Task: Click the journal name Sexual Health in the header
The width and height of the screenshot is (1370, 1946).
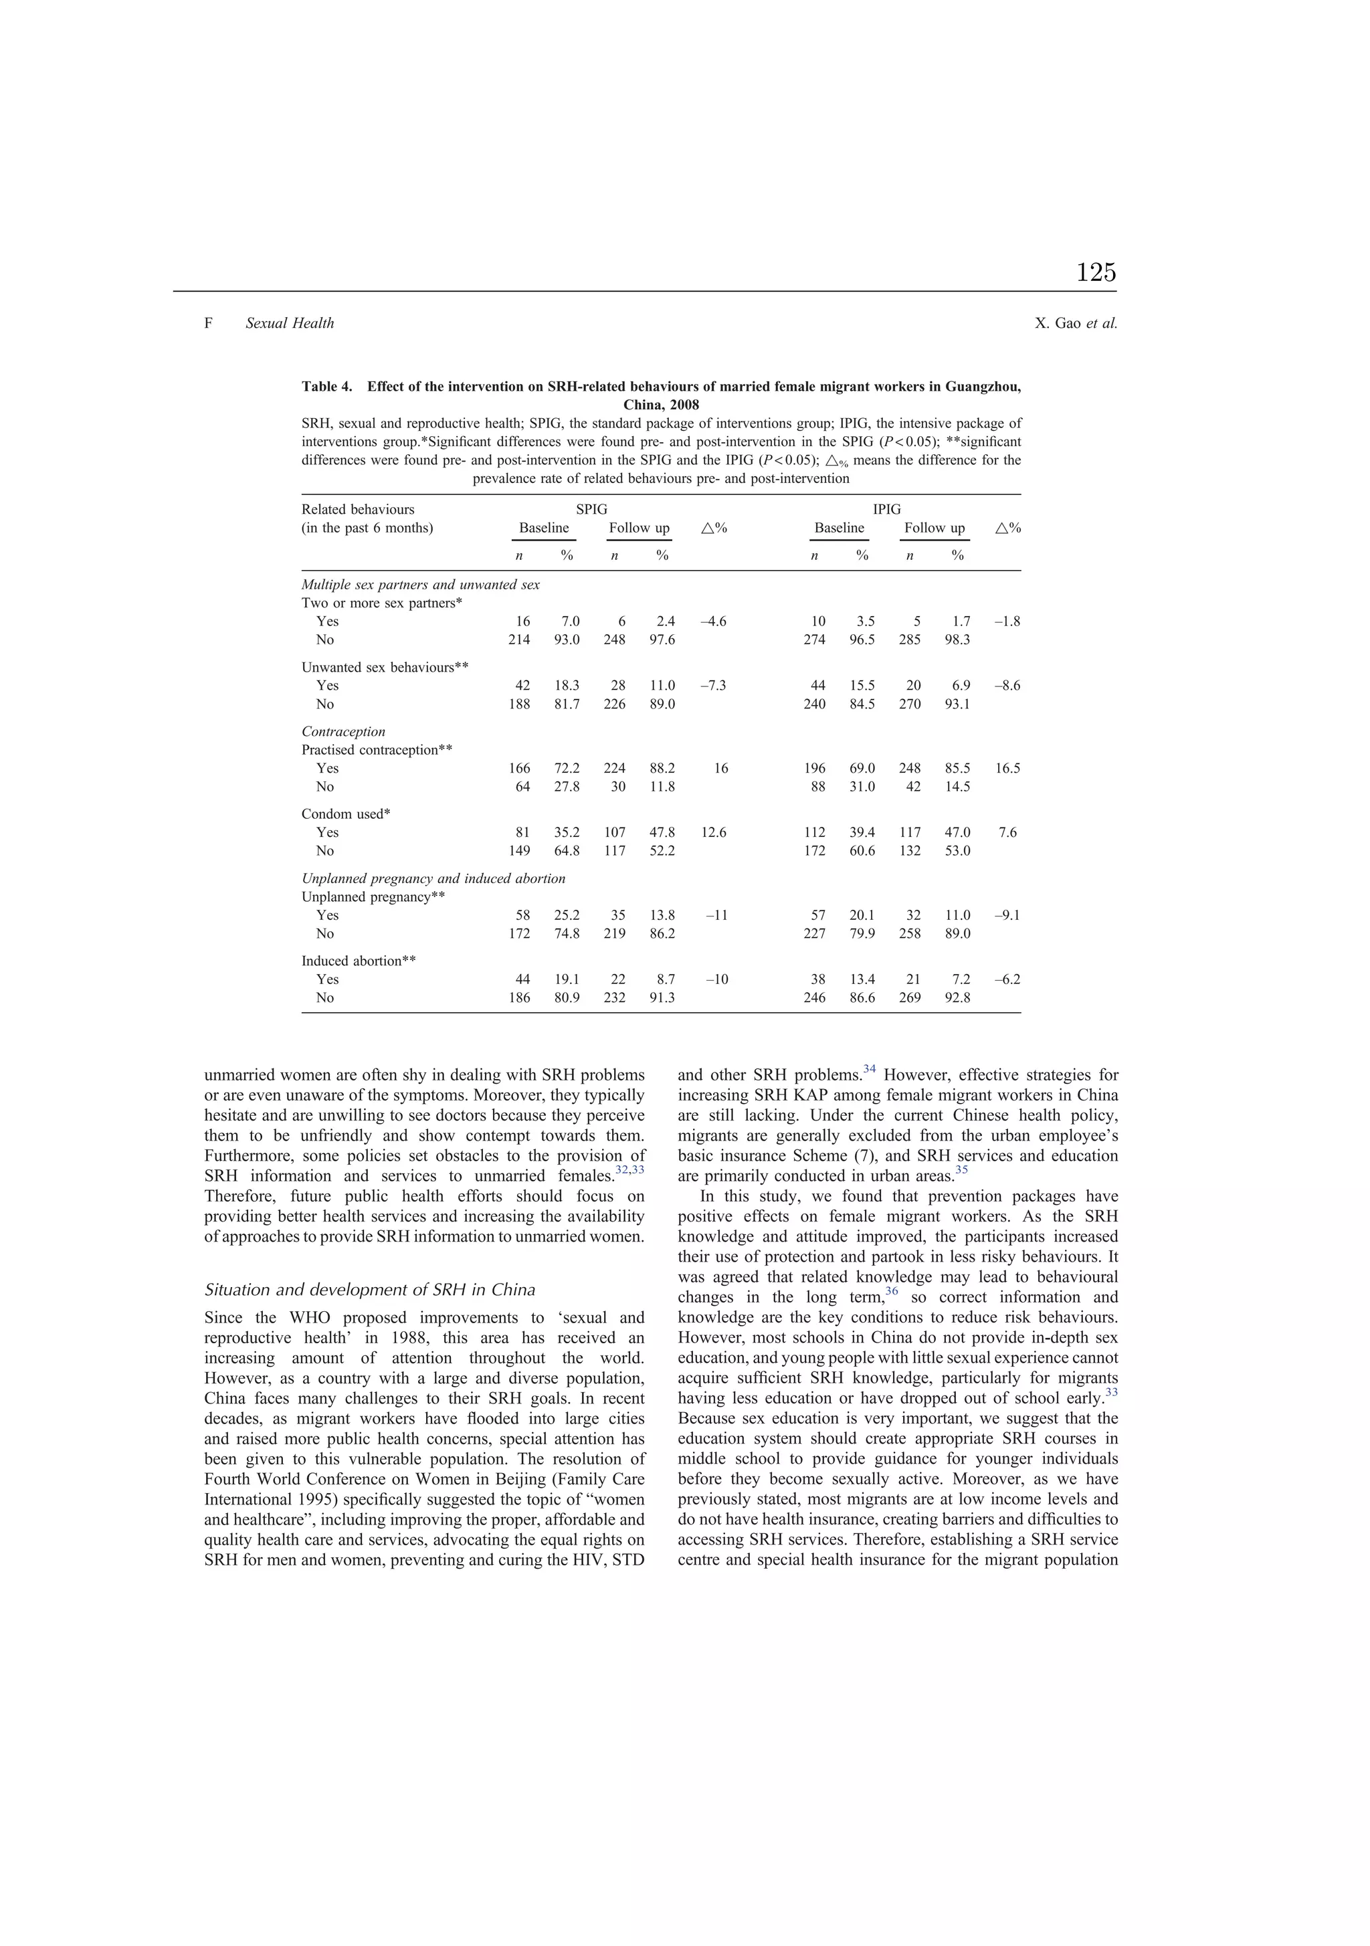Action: tap(289, 323)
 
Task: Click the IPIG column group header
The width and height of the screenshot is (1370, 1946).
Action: tap(887, 509)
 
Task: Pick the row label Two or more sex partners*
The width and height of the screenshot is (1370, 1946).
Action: tap(381, 603)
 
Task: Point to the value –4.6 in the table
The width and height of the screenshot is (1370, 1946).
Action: tap(713, 621)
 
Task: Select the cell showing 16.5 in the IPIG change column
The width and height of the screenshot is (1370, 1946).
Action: tap(1008, 769)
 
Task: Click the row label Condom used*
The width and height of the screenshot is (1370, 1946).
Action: tap(346, 813)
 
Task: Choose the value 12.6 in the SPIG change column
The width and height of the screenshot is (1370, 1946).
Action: tap(713, 832)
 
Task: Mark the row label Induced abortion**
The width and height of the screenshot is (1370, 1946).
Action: tap(359, 961)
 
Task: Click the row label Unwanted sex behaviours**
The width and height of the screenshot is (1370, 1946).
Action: tap(385, 667)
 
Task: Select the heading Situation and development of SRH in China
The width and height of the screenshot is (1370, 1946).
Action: tap(370, 1290)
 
